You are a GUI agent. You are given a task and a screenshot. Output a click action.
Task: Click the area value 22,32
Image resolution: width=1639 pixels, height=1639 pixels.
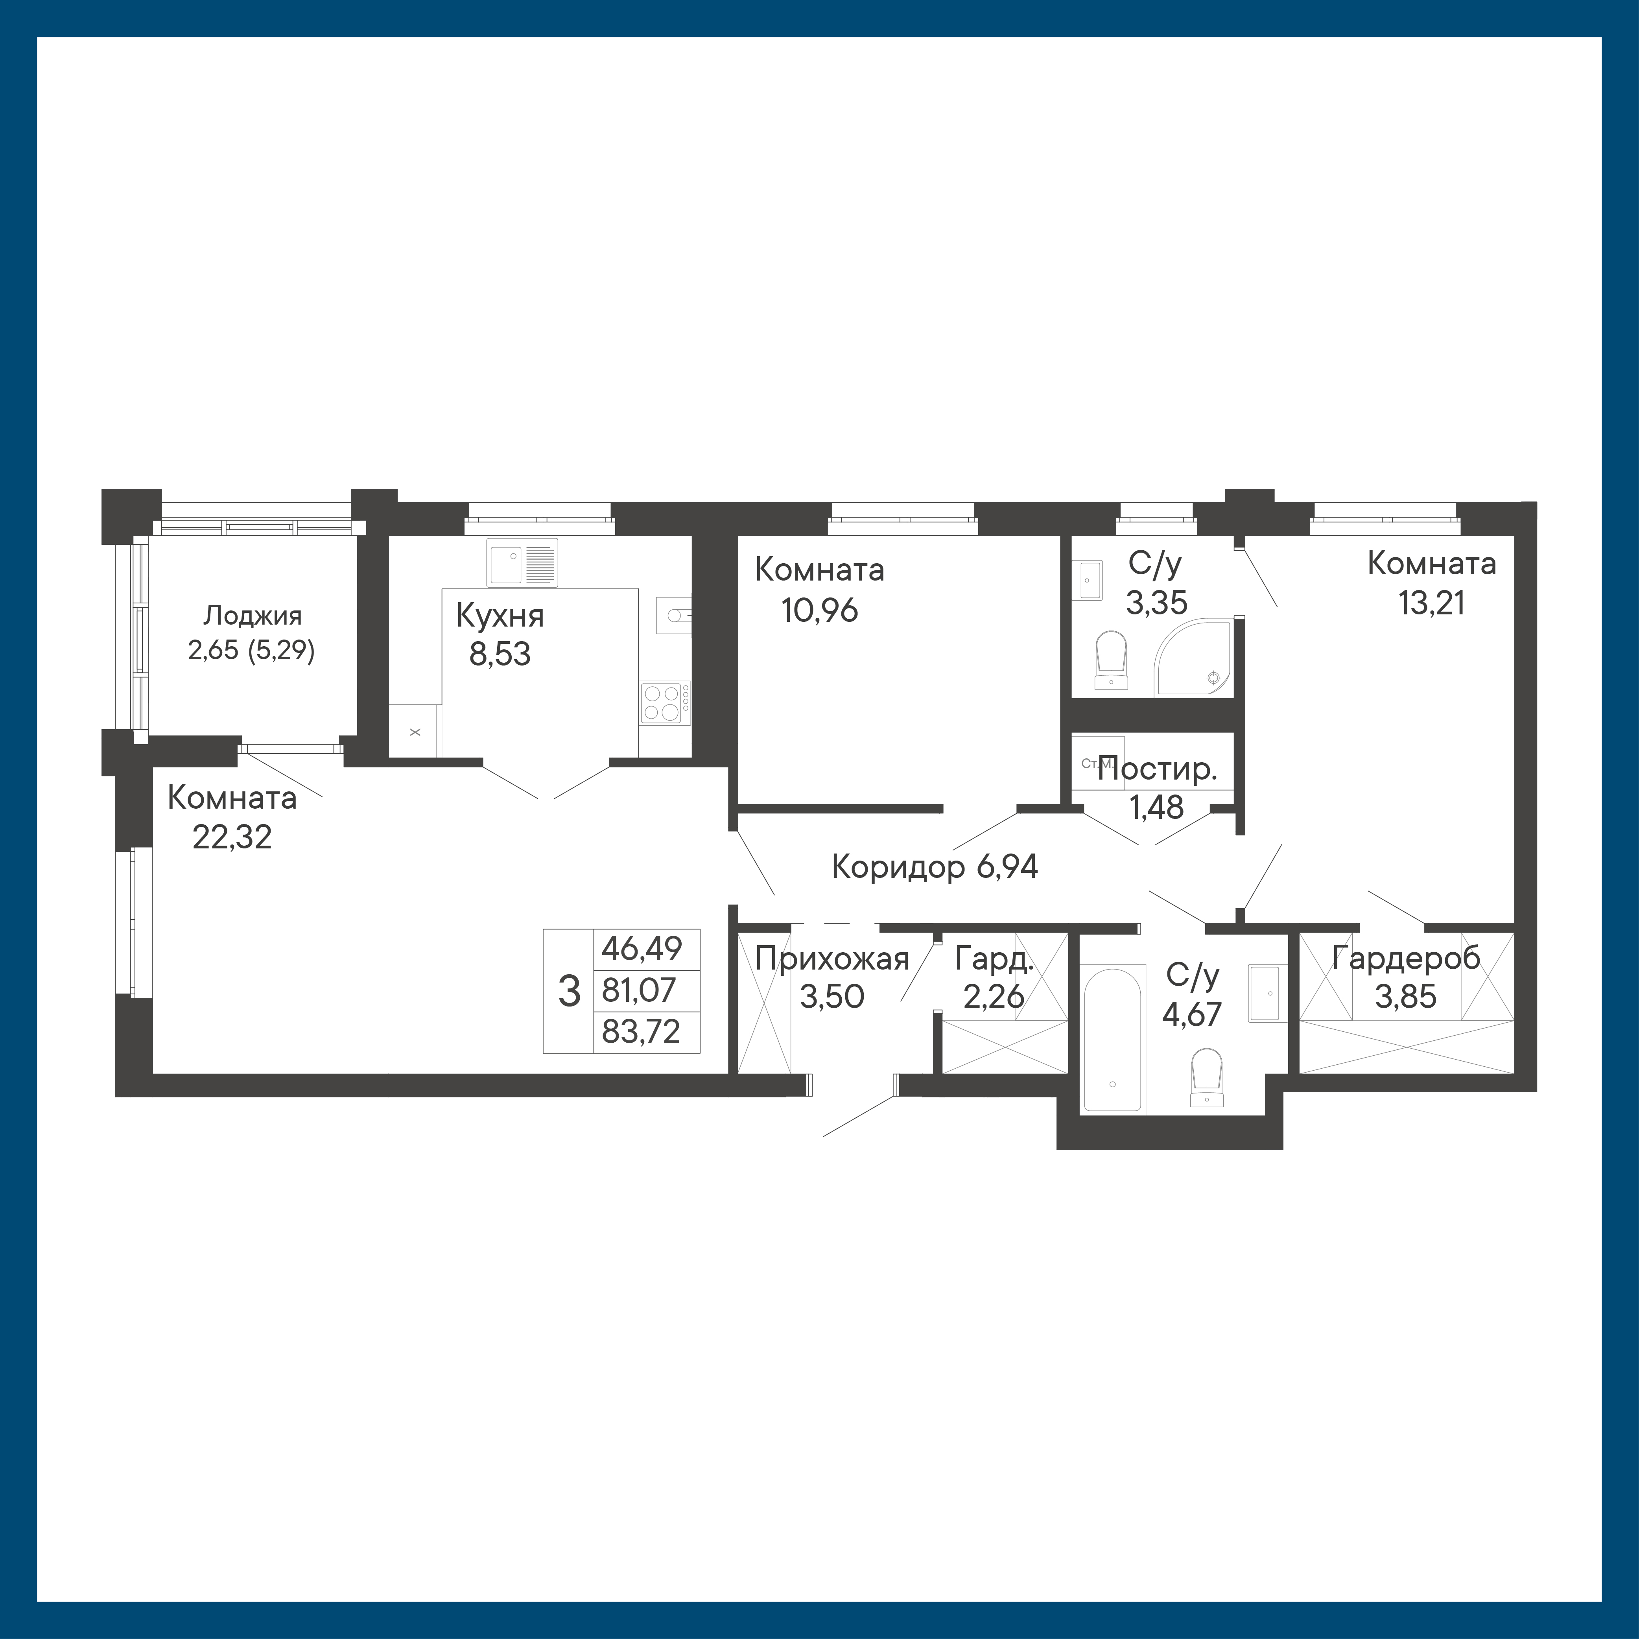232,837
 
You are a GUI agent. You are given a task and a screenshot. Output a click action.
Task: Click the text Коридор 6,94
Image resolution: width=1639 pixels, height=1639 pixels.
935,867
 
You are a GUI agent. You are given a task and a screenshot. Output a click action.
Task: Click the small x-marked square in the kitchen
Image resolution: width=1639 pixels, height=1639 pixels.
415,730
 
